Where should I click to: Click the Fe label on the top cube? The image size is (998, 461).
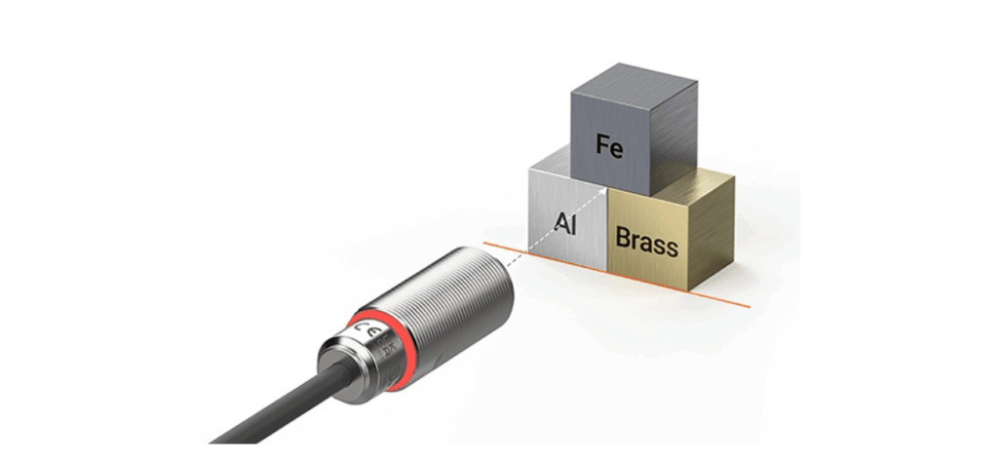click(x=610, y=148)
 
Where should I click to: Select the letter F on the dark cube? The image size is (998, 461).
click(x=603, y=148)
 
